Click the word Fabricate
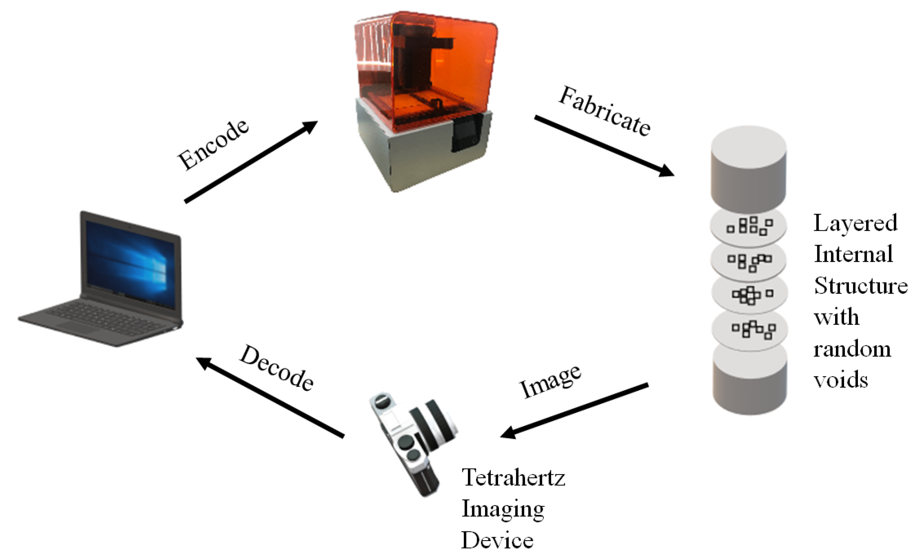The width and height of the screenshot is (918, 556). pos(604,111)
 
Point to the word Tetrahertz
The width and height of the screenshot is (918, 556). pos(513,477)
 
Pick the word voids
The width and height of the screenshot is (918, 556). pos(840,380)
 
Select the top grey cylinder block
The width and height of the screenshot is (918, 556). pos(749,168)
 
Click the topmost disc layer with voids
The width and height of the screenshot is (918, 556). pos(749,226)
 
